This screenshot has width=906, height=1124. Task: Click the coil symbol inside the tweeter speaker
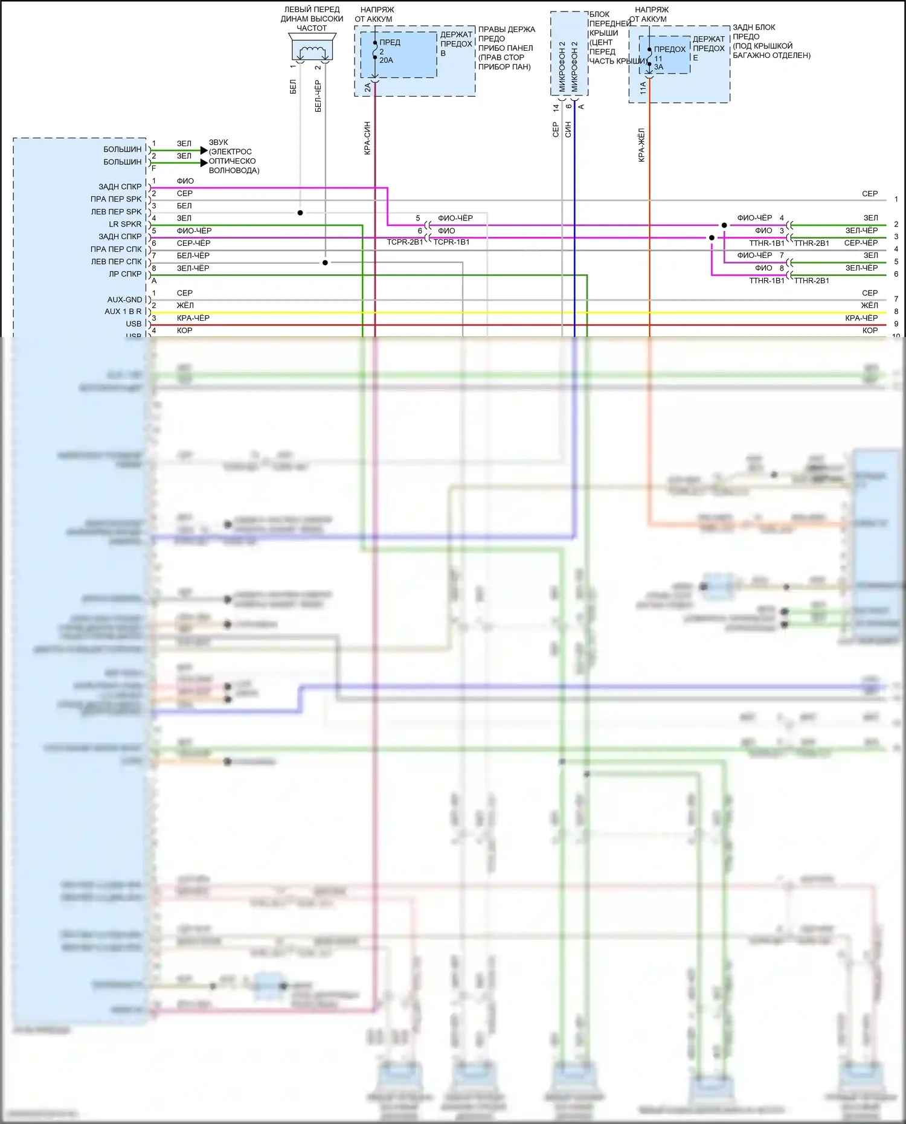point(312,51)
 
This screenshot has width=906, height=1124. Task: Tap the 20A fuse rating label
point(386,60)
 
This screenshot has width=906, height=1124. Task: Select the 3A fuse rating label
point(658,67)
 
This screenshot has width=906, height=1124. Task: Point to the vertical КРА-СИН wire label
point(367,138)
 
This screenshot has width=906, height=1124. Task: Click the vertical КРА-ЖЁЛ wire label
point(641,144)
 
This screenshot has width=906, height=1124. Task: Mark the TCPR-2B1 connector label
point(405,242)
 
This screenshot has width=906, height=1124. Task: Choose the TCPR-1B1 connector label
point(451,242)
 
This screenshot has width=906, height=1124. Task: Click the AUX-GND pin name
point(124,300)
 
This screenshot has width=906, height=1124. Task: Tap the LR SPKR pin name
point(125,224)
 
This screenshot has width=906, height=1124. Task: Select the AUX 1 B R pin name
point(123,312)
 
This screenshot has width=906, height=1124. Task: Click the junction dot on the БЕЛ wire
point(300,213)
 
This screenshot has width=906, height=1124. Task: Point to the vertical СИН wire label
point(568,129)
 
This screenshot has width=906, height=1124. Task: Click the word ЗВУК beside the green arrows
point(219,143)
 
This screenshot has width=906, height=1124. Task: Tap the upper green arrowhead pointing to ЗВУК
point(204,150)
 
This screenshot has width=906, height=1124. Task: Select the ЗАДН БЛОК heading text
point(754,27)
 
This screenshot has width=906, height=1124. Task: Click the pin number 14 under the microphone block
point(556,108)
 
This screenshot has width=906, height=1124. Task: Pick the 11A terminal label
point(643,88)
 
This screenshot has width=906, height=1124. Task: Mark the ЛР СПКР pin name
point(125,274)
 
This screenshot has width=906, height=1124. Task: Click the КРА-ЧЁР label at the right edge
point(861,318)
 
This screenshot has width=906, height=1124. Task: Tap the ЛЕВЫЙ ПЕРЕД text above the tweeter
point(312,10)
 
